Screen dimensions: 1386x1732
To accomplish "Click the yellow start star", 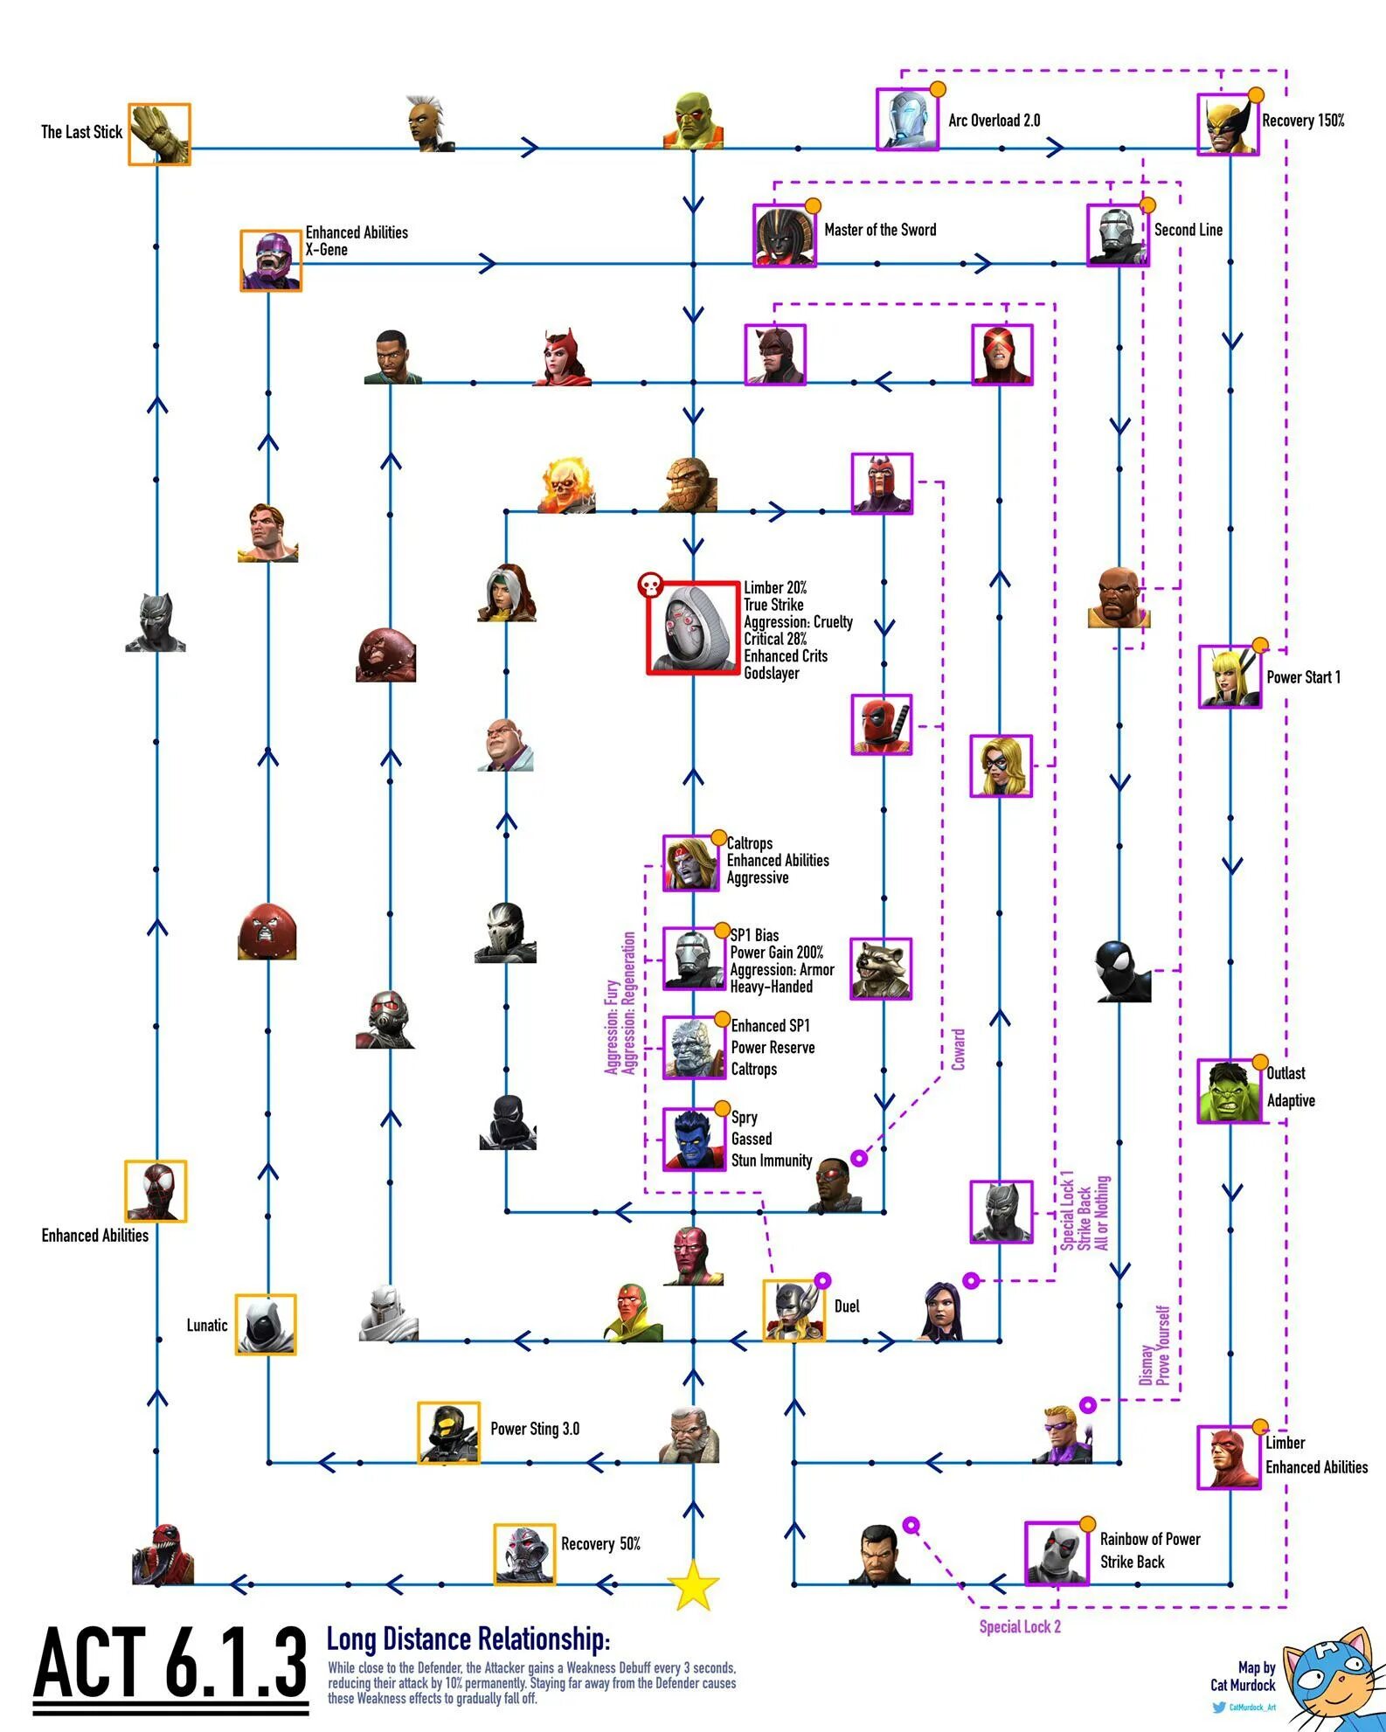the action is (x=693, y=1585).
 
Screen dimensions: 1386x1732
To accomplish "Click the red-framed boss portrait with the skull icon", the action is (x=692, y=627).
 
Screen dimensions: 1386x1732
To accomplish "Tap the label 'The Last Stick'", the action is (x=81, y=132).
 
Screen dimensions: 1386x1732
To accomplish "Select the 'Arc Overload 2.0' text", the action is (x=994, y=121).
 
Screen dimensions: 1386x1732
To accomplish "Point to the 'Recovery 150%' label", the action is (x=1302, y=121).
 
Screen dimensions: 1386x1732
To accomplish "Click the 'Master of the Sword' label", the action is (x=879, y=230).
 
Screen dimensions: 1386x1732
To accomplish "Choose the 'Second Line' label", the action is (x=1188, y=230).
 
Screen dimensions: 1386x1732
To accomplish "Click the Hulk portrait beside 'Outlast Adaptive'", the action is (x=1228, y=1091).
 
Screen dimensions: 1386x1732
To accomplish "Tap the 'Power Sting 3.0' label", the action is (x=534, y=1429).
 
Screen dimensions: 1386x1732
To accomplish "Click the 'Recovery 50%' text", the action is (x=600, y=1544).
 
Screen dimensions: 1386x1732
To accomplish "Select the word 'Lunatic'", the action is (x=206, y=1325).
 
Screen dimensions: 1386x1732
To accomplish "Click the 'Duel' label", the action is (x=846, y=1306).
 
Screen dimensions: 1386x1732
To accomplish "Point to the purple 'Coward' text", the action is (x=959, y=1050).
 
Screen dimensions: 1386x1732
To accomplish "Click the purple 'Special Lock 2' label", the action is (x=1019, y=1626).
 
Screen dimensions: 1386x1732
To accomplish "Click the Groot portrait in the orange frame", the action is (x=159, y=134).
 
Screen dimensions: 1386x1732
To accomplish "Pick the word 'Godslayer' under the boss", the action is (x=771, y=673).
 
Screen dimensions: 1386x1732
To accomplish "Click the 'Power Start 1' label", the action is (x=1303, y=677).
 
